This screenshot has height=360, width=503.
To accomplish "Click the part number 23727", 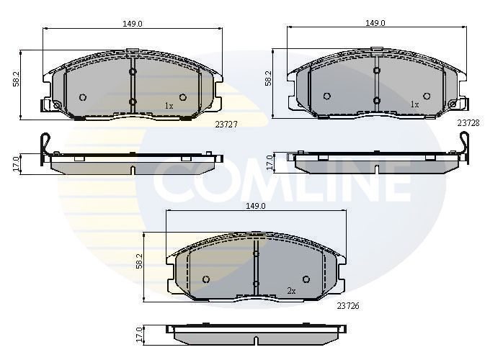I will (226, 124).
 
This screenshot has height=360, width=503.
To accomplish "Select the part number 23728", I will (468, 123).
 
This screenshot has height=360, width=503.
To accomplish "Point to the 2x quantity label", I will (292, 291).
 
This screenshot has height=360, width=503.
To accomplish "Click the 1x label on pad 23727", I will (169, 106).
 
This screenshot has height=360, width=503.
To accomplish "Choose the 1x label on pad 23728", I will (414, 104).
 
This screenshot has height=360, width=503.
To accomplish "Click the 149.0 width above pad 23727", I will (132, 24).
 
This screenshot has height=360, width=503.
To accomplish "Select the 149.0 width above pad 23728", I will (375, 23).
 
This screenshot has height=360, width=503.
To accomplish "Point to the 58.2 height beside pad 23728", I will (268, 79).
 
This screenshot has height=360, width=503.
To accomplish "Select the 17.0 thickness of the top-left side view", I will (16, 163).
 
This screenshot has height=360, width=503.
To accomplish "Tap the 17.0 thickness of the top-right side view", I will (269, 163).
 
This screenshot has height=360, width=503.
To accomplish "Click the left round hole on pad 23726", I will (206, 279).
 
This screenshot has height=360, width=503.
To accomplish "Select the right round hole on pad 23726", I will (306, 279).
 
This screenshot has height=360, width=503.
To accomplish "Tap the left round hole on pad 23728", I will (326, 96).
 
